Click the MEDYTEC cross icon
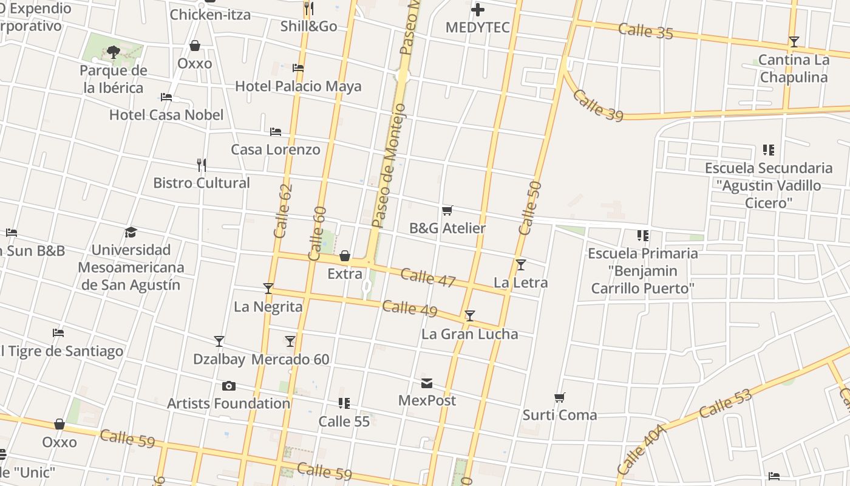(478, 10)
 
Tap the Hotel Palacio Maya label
(298, 86)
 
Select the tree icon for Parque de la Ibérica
(113, 52)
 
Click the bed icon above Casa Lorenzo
(276, 131)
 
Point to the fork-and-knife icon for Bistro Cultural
(202, 165)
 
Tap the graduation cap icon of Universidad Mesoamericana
(131, 232)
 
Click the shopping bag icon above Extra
(345, 256)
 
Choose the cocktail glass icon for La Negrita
(268, 289)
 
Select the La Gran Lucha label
(470, 334)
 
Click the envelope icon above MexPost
(427, 383)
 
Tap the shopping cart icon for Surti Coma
(560, 398)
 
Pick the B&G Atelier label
(447, 228)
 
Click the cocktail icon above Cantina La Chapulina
(794, 42)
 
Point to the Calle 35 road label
(646, 31)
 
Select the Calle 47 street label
(428, 278)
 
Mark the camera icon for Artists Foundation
(229, 386)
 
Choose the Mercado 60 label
(290, 360)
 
